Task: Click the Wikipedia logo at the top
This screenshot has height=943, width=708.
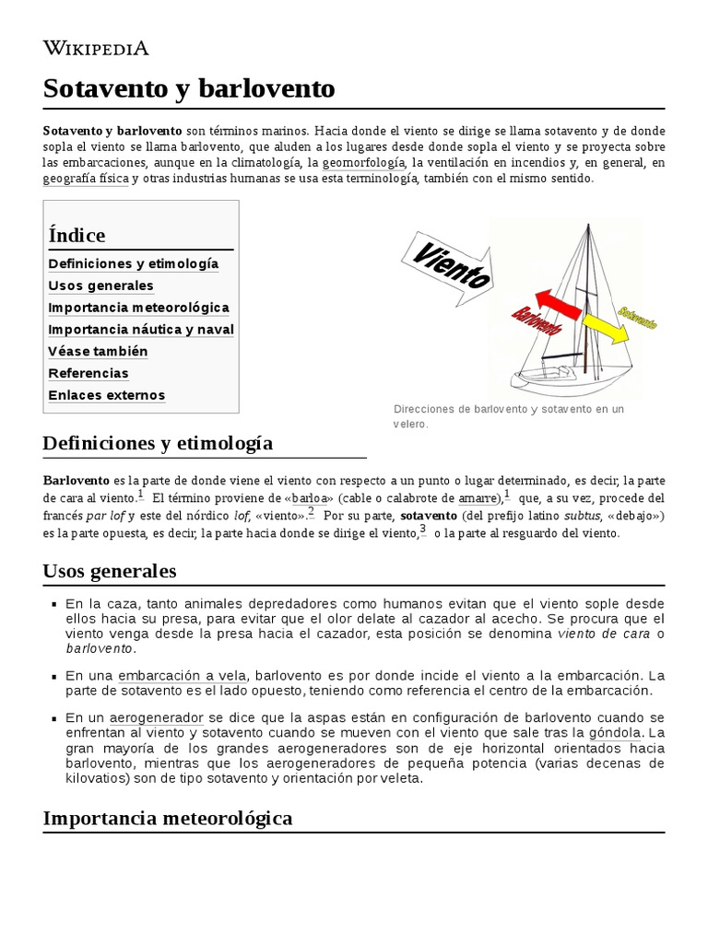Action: tap(96, 48)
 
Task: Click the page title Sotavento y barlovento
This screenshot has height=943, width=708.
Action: tap(189, 88)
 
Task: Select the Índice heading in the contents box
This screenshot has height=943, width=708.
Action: tap(77, 235)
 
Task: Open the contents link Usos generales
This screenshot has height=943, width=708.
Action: tap(100, 285)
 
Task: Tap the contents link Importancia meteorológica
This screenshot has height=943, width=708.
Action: tap(138, 308)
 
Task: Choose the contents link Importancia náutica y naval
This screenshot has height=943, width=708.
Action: tap(141, 330)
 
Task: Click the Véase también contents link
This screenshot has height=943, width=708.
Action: tap(98, 352)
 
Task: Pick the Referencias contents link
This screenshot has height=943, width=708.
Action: tap(88, 374)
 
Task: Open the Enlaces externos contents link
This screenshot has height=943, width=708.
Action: tap(106, 396)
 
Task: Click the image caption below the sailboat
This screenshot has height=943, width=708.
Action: tap(508, 416)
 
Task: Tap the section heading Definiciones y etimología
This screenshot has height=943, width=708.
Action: tap(158, 443)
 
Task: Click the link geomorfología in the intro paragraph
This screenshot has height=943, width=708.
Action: tap(363, 162)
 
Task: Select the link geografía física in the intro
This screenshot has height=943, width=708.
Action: tap(86, 179)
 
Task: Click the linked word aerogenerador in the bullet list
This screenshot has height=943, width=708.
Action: tap(157, 717)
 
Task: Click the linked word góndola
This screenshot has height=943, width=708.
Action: tap(617, 734)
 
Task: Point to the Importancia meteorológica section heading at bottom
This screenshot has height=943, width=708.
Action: tap(167, 818)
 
